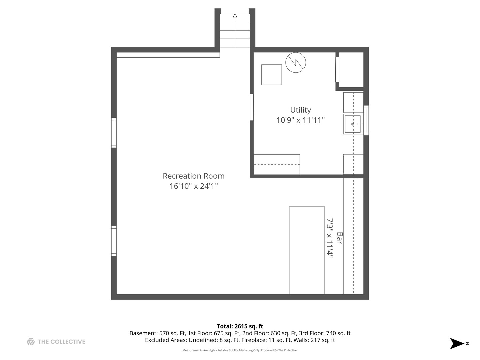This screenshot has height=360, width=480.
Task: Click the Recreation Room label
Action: click(193, 176)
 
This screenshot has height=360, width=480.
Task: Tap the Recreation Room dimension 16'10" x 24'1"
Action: click(193, 186)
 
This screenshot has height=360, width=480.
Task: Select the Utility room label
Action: click(300, 110)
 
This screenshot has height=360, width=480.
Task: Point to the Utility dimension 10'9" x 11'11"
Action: click(300, 120)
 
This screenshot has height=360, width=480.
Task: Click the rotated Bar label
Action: click(339, 238)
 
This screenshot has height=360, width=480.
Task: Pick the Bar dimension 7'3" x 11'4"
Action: click(330, 238)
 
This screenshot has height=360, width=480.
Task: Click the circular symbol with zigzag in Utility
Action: click(296, 62)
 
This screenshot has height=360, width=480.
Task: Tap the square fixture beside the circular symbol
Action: click(271, 75)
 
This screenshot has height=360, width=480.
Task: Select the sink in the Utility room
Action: click(353, 124)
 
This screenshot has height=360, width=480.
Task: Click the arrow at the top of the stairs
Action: click(235, 16)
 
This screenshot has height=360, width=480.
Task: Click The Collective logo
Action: click(56, 342)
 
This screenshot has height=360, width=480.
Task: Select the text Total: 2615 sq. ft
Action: click(240, 326)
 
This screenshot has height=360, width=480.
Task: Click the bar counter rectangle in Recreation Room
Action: click(307, 250)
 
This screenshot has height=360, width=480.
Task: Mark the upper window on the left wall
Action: click(114, 132)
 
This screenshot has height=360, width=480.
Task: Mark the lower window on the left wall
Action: click(114, 241)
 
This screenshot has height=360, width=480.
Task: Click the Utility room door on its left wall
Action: click(252, 107)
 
